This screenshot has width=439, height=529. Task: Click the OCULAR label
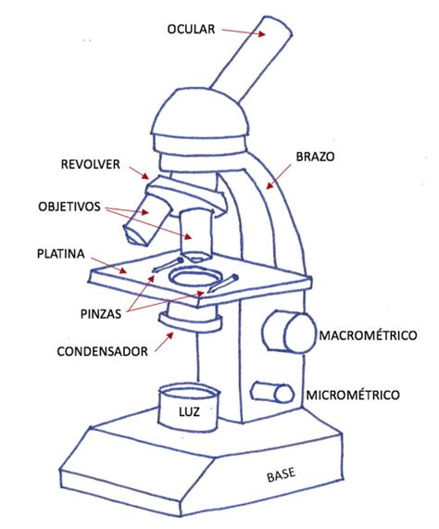click(x=191, y=29)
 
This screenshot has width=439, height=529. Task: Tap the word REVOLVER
click(x=91, y=164)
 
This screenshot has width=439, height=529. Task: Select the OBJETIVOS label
click(x=69, y=207)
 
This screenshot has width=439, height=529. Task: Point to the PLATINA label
click(x=61, y=254)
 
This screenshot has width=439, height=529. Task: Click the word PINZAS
click(x=100, y=314)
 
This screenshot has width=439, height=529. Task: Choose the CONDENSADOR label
click(x=102, y=351)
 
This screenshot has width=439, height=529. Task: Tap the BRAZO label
click(x=315, y=157)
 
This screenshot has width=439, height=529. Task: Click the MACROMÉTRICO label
click(x=368, y=335)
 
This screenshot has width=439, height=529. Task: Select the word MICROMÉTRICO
click(x=353, y=395)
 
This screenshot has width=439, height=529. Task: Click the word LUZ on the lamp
click(x=189, y=411)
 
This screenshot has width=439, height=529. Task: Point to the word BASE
click(x=281, y=474)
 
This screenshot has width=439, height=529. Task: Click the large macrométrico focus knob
click(x=289, y=333)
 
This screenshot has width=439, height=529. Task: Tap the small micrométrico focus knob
click(x=272, y=393)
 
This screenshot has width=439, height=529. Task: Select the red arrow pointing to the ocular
click(x=243, y=31)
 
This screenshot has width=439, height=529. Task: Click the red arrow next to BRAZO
click(x=279, y=177)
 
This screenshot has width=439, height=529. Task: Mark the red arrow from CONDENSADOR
click(x=164, y=343)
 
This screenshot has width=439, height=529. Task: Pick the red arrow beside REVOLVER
click(x=139, y=172)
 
